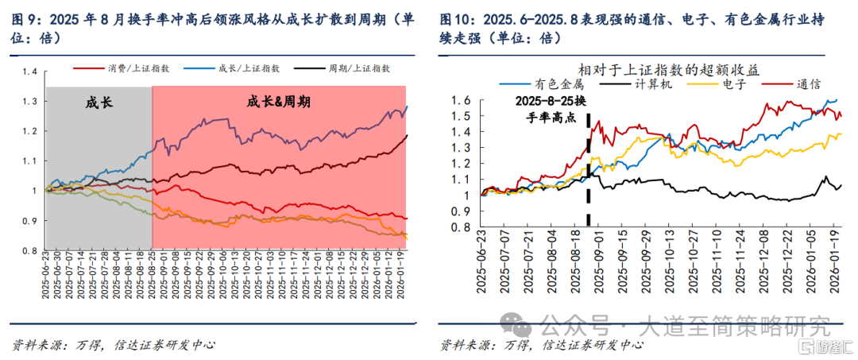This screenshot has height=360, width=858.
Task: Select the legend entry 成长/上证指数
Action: click(x=232, y=68)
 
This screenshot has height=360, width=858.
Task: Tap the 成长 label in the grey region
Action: click(x=99, y=102)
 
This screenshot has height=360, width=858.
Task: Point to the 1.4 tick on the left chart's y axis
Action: click(x=29, y=72)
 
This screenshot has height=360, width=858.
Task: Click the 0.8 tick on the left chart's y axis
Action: click(x=29, y=250)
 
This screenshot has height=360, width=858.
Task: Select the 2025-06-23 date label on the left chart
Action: click(x=47, y=278)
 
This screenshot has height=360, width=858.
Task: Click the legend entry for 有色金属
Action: click(x=541, y=84)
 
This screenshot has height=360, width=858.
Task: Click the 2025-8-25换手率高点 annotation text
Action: click(x=552, y=109)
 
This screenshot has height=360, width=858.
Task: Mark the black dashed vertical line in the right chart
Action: click(x=588, y=169)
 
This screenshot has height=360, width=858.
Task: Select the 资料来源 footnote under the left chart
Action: click(x=113, y=345)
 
